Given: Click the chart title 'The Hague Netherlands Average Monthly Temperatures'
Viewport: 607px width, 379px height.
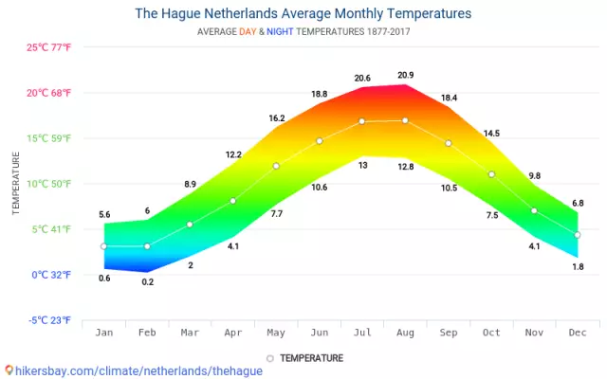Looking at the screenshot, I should (x=303, y=14).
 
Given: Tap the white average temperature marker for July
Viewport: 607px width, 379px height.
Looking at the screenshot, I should (x=361, y=121).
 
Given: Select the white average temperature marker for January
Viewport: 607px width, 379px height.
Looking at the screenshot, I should (x=103, y=246).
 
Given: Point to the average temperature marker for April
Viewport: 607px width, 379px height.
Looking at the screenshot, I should (x=232, y=201).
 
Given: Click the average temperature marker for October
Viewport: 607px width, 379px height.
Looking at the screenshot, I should (x=491, y=174).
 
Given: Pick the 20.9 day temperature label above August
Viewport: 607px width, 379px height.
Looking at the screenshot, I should (x=405, y=75).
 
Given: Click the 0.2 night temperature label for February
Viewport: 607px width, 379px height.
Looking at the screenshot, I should (x=147, y=282).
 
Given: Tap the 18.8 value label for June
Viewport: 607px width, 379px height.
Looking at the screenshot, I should (x=319, y=94).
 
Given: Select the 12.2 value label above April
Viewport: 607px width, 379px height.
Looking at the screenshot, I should (x=232, y=153).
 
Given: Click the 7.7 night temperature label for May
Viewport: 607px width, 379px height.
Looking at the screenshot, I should (x=276, y=213).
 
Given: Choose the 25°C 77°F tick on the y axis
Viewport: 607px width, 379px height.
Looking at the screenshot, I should (x=48, y=47).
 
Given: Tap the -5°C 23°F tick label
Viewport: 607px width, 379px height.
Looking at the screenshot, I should (x=48, y=320).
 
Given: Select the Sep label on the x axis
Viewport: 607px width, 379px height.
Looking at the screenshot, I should (x=448, y=333).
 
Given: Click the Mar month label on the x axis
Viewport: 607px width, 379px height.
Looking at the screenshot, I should (x=190, y=333).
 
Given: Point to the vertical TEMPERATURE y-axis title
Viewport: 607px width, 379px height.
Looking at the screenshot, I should (x=16, y=184).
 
